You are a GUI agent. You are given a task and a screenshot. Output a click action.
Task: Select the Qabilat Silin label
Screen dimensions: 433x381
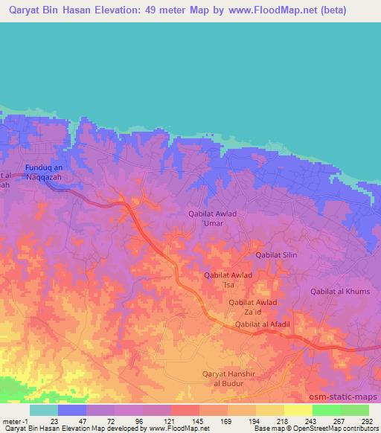[276, 255]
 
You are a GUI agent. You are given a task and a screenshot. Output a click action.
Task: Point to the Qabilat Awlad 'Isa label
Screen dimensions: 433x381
[228, 280]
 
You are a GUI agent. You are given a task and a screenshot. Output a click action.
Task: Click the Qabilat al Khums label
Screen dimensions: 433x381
[340, 291]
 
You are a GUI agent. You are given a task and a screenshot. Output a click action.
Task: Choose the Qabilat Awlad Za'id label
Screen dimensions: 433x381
[253, 307]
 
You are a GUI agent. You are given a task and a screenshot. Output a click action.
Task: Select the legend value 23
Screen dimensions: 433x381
[54, 421]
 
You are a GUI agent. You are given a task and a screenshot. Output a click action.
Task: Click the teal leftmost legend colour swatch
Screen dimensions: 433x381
[43, 410]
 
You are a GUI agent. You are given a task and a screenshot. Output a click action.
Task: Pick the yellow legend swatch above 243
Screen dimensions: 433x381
[298, 410]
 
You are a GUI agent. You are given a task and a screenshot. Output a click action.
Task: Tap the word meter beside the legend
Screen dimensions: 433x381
[11, 421]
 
